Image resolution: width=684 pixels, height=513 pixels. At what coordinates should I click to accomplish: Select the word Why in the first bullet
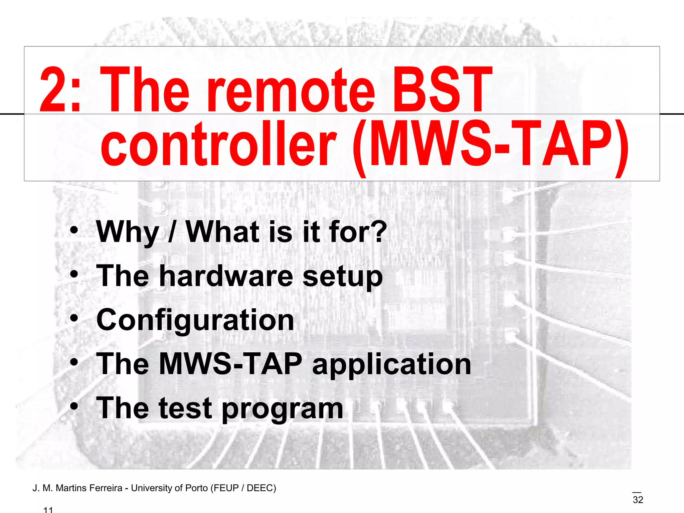coord(127,232)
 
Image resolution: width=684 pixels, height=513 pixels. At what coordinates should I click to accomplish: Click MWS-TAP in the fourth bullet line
coord(231,364)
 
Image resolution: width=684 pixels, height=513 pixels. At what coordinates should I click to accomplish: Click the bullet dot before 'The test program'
coord(74,406)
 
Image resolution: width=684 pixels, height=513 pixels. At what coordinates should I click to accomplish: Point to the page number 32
coord(638,500)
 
